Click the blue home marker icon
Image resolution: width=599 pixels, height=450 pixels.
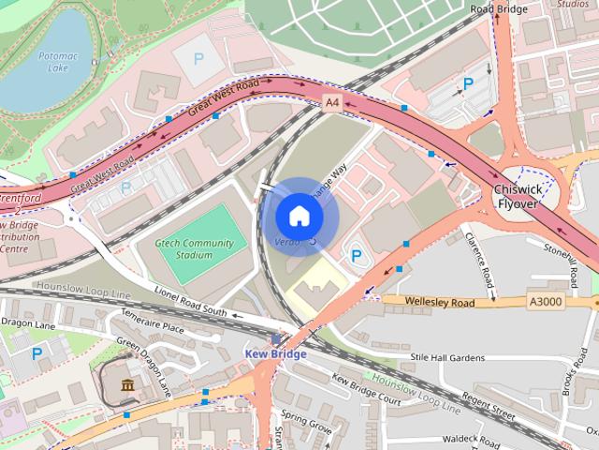tap(299, 216)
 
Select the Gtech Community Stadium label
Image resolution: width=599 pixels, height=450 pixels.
tap(193, 248)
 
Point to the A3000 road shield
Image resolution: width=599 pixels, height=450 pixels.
tap(546, 302)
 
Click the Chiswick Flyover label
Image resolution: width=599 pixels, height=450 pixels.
tap(519, 196)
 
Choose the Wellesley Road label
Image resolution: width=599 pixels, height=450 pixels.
tap(441, 302)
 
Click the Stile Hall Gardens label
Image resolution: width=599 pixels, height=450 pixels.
tap(448, 357)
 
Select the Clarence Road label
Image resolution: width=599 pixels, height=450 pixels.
tap(477, 261)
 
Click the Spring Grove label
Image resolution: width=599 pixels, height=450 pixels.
tap(307, 425)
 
